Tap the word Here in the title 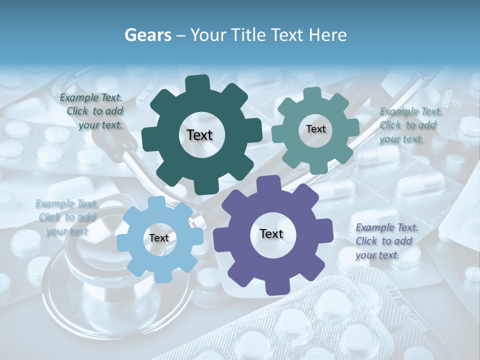327,35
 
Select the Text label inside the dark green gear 199,135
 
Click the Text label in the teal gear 315,129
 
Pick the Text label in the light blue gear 159,238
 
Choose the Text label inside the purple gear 271,234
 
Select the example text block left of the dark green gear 92,111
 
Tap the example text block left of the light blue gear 65,217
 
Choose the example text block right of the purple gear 385,241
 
